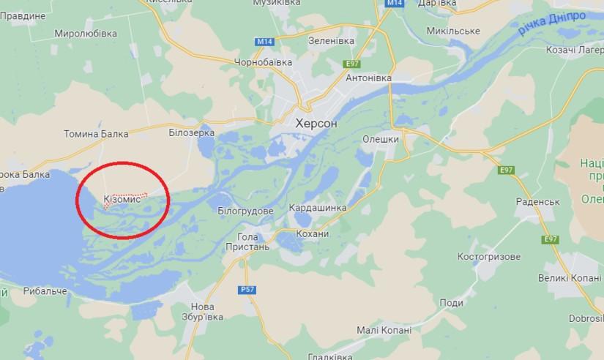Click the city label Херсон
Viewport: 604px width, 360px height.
(x=316, y=124)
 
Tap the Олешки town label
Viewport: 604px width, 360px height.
(x=381, y=139)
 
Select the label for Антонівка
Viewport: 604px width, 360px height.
(x=368, y=78)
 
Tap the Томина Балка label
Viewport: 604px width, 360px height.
(x=97, y=134)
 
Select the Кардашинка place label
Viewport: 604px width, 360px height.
(x=318, y=207)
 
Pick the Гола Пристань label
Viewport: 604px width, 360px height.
(x=253, y=241)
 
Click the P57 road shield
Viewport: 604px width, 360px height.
(x=248, y=290)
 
